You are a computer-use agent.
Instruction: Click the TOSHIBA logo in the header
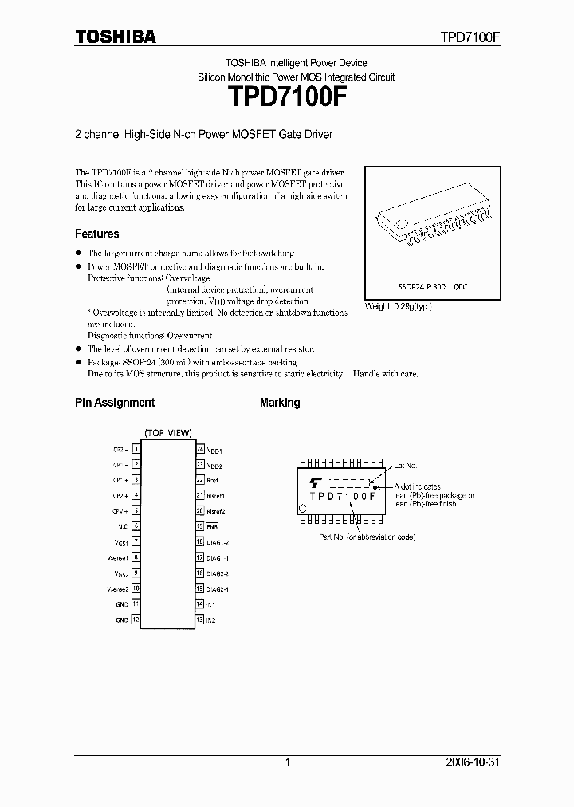click(116, 37)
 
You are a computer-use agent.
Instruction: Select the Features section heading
click(96, 234)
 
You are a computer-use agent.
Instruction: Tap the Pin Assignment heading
click(115, 403)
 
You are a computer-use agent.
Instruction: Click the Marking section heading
click(280, 403)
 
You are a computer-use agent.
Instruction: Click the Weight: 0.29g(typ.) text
click(398, 305)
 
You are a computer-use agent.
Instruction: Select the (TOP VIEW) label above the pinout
click(167, 433)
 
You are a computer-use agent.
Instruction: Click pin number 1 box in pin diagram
click(136, 449)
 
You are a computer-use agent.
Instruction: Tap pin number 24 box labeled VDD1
click(200, 449)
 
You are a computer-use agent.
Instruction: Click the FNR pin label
click(212, 526)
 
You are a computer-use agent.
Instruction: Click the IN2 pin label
click(211, 620)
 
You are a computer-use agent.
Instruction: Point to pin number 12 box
click(136, 620)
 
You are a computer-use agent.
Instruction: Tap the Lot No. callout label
click(405, 465)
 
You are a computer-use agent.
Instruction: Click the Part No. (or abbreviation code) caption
click(368, 537)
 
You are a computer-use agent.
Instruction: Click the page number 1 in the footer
click(287, 762)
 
